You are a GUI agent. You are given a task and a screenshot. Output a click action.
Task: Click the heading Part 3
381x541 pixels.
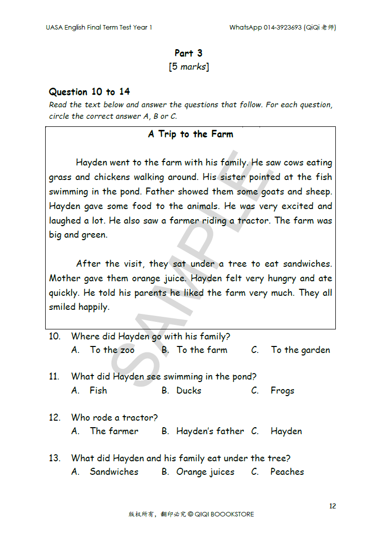(188, 53)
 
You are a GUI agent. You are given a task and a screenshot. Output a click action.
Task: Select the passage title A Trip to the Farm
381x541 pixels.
(190, 134)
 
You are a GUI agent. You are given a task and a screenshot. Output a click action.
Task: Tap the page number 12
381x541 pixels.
(332, 506)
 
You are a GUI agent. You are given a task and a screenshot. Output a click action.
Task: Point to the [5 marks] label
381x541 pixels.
(189, 67)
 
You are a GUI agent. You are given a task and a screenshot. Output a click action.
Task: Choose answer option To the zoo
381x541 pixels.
(112, 350)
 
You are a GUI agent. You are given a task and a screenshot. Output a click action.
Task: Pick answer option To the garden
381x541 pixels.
(300, 350)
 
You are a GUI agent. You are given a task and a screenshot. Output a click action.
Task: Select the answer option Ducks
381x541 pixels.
(188, 391)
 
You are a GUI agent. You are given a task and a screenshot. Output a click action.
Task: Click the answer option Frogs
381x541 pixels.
(282, 391)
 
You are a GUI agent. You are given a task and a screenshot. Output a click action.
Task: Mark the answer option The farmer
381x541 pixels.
(114, 431)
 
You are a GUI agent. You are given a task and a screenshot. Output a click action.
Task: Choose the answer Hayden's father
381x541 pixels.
(210, 431)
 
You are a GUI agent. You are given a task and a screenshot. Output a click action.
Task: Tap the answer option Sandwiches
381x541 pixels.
(114, 472)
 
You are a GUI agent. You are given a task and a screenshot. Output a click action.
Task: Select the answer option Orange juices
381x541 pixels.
(205, 472)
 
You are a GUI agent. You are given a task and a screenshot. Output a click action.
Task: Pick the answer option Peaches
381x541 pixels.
(287, 472)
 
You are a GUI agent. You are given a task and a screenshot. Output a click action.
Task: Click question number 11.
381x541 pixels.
(54, 377)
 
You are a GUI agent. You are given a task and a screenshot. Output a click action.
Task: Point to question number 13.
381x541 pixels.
(54, 458)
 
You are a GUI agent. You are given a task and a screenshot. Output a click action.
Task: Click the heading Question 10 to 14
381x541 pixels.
(89, 92)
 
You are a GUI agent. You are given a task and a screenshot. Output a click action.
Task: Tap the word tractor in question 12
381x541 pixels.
(140, 417)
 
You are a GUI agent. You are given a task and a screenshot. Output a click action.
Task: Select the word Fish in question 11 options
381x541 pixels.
(98, 391)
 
